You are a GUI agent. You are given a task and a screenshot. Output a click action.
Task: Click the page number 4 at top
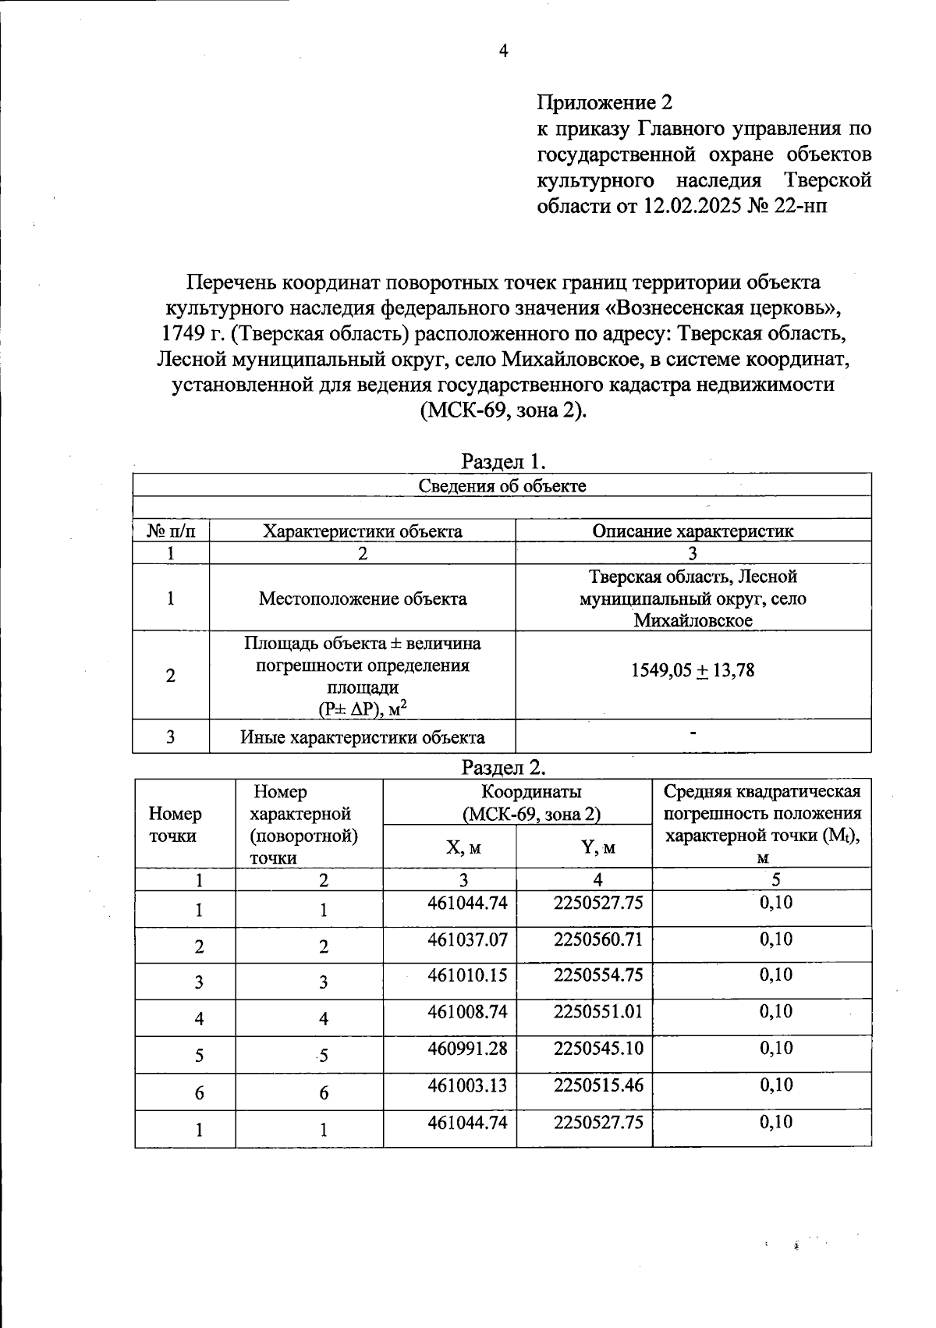(x=503, y=51)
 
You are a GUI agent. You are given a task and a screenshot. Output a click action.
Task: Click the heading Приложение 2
(x=604, y=102)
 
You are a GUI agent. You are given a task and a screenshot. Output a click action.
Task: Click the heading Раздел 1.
(x=502, y=461)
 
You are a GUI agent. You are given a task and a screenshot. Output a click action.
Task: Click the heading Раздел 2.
(x=502, y=767)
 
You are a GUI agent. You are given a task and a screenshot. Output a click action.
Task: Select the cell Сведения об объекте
(x=502, y=486)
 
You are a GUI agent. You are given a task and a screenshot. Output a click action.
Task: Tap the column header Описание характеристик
(x=693, y=531)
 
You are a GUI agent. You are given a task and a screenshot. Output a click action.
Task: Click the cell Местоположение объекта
(x=363, y=598)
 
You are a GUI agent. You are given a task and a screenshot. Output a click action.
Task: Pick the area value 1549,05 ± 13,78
(x=693, y=670)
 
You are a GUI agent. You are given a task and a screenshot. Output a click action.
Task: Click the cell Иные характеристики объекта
(x=363, y=737)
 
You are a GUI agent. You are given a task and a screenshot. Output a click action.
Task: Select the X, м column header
(x=463, y=847)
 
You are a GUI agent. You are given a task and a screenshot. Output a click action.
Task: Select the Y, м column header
(x=598, y=847)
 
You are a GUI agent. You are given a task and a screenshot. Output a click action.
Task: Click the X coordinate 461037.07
(x=467, y=939)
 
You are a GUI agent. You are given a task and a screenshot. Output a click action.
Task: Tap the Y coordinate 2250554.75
(x=598, y=975)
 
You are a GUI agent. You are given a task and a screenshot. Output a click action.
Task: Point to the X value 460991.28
(x=467, y=1048)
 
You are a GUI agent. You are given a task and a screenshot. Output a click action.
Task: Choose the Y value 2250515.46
(x=598, y=1085)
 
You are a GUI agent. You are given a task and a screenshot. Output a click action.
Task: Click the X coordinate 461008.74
(x=467, y=1012)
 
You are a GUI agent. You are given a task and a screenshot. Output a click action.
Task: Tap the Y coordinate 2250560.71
(x=598, y=939)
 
